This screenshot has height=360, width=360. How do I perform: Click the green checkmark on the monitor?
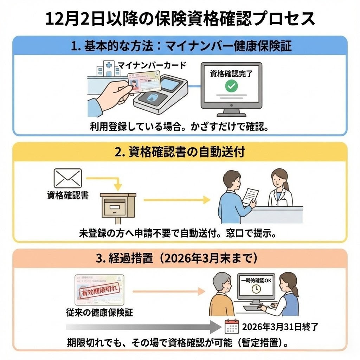click(231, 86)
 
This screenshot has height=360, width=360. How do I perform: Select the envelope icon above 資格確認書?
click(67, 178)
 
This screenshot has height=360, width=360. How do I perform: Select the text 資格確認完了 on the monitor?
click(231, 74)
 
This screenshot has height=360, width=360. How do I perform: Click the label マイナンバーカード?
click(152, 65)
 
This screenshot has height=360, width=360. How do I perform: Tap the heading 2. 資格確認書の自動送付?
click(180, 152)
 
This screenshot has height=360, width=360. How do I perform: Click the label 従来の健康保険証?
click(99, 312)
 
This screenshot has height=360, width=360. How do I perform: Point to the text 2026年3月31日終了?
click(280, 327)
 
